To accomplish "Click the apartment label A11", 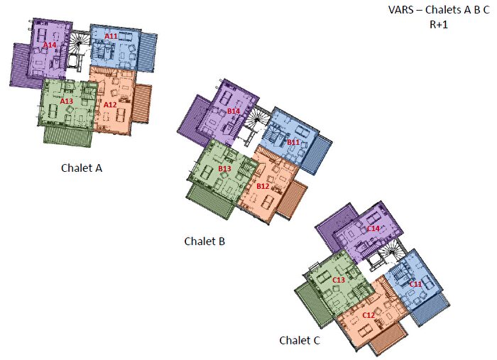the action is (x=111, y=36).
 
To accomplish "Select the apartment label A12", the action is (x=110, y=105).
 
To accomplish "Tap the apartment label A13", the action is (x=67, y=102).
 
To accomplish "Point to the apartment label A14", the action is (x=50, y=45).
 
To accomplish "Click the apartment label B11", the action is (x=293, y=142).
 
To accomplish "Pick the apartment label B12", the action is (x=263, y=186).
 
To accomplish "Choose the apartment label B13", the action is (x=224, y=168).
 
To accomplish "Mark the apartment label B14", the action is (x=234, y=111).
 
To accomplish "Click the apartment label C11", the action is (x=416, y=284).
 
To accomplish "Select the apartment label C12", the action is (x=368, y=315).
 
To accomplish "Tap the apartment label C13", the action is (x=339, y=280).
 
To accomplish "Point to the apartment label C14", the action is (x=373, y=228).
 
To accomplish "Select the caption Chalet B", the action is (x=204, y=241).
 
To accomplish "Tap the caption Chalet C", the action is (x=300, y=341).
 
